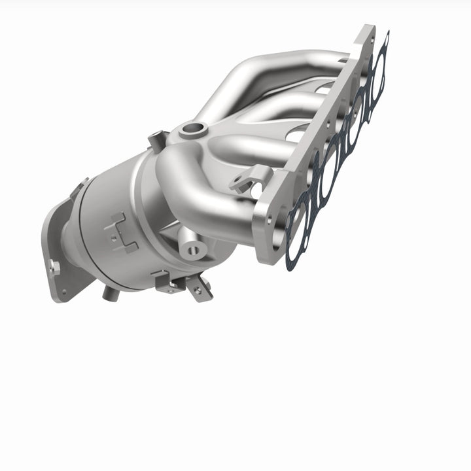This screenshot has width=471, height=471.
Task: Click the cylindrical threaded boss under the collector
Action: tap(194, 248)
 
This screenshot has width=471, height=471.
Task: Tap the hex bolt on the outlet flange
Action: tap(55, 266)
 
